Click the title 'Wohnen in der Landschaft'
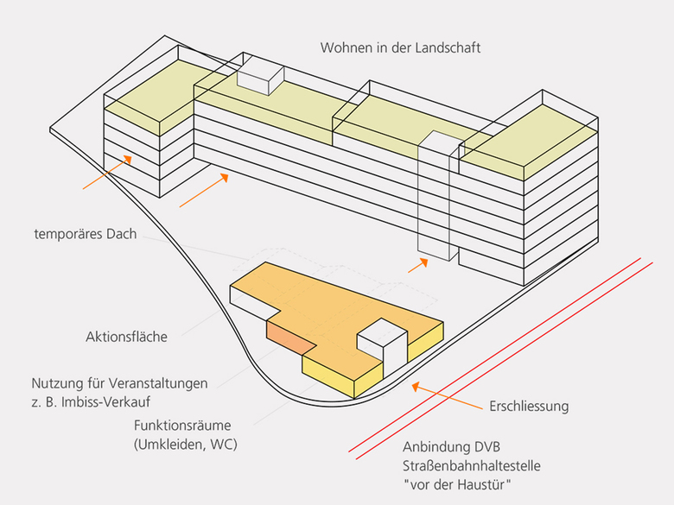[x=400, y=47]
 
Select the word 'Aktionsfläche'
[x=126, y=337]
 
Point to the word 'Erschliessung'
[x=529, y=405]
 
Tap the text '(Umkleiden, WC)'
[x=185, y=445]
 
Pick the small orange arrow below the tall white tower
[x=417, y=264]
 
